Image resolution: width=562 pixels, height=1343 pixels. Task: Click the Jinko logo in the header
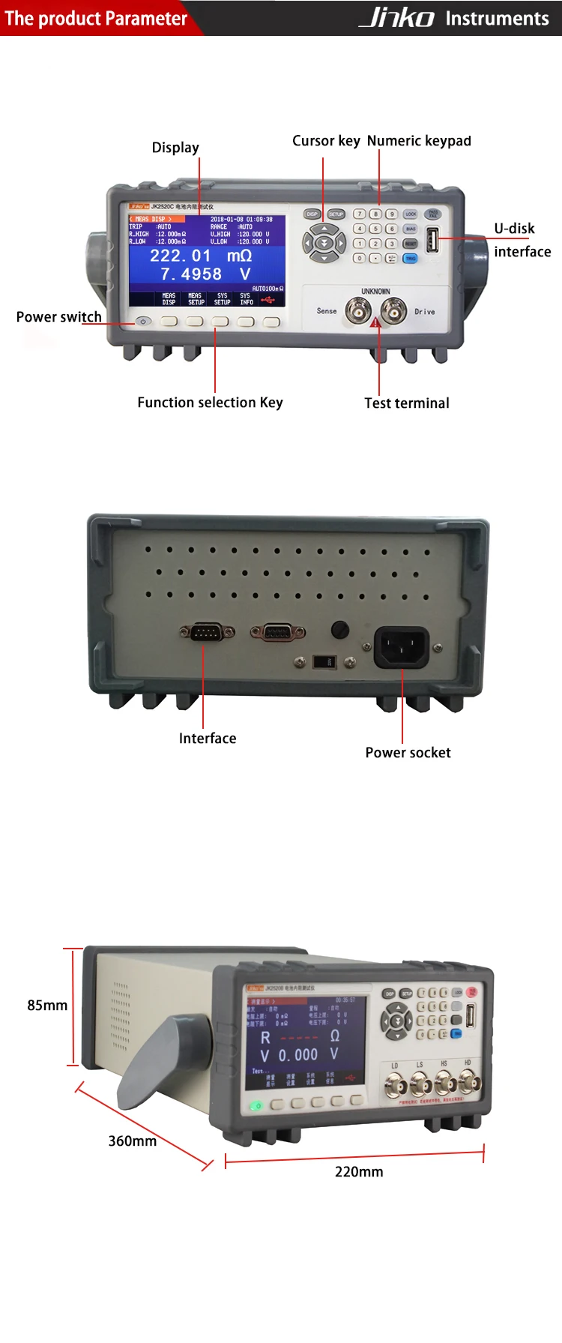(x=396, y=17)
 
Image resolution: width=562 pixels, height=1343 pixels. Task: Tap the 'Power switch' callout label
(x=58, y=316)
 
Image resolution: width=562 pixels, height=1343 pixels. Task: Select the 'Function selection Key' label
(x=210, y=403)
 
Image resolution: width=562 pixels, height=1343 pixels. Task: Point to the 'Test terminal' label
(x=407, y=403)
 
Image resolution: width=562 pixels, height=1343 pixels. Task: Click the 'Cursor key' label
(x=326, y=141)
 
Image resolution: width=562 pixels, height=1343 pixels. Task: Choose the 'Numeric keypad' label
(x=419, y=141)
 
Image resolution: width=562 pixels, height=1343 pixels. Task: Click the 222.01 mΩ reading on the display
(x=200, y=256)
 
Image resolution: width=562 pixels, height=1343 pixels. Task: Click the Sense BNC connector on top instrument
(x=357, y=310)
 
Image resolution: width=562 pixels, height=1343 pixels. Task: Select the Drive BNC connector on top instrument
(x=393, y=310)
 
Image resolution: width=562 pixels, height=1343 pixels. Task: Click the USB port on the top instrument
(x=432, y=240)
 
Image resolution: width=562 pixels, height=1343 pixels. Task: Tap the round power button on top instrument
(x=143, y=322)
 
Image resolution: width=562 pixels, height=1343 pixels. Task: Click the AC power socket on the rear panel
(x=402, y=646)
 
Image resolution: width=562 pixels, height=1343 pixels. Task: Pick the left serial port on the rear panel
(x=207, y=633)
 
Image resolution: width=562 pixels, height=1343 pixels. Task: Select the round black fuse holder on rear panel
(x=339, y=628)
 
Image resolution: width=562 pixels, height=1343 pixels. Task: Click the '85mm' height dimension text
(x=47, y=1006)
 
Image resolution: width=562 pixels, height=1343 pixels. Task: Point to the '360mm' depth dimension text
(x=133, y=1141)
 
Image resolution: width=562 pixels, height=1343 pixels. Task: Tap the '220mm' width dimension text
(x=359, y=1172)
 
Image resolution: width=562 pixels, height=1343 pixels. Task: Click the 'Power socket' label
(x=408, y=753)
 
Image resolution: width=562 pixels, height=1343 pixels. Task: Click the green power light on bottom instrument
(x=256, y=1106)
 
